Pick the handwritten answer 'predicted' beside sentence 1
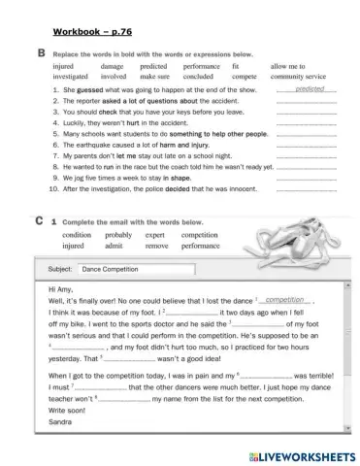pyautogui.click(x=308, y=88)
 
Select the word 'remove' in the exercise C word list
pyautogui.click(x=155, y=247)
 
